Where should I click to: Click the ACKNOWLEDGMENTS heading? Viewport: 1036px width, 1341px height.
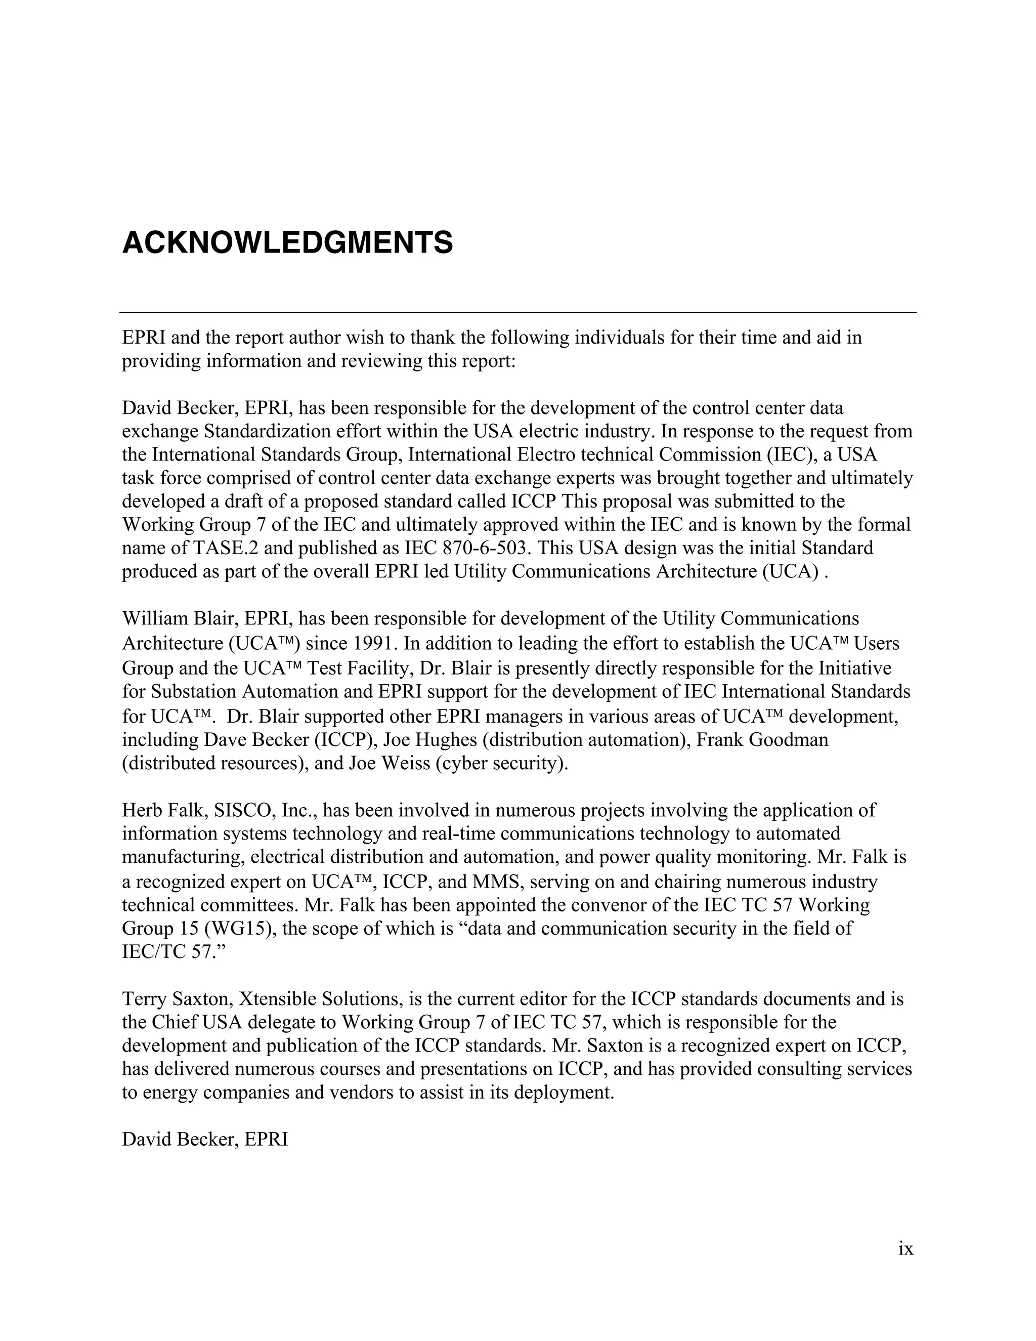pyautogui.click(x=287, y=243)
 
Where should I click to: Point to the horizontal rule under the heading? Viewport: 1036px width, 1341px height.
pyautogui.click(x=518, y=313)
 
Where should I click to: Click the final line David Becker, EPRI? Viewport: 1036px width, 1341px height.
pyautogui.click(x=205, y=1140)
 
